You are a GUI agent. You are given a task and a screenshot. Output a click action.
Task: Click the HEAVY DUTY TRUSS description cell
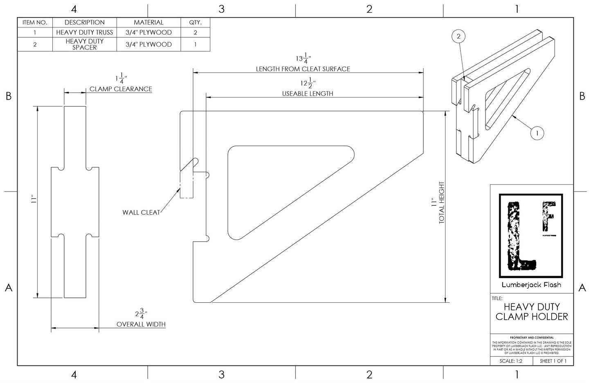tap(85, 32)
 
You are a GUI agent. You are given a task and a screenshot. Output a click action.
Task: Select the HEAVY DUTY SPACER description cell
tap(85, 44)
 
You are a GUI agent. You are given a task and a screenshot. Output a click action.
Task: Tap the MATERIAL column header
tap(148, 23)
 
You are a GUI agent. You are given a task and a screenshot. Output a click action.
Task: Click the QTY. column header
tap(195, 23)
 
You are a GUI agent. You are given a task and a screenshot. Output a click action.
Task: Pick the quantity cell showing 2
tap(195, 32)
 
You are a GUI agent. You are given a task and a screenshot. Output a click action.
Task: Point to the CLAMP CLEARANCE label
tap(121, 89)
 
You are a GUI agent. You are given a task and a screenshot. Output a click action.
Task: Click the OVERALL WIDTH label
tap(141, 324)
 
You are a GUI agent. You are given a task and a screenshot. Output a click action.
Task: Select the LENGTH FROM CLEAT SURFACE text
tap(303, 69)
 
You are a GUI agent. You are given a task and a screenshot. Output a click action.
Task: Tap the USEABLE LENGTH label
tap(308, 94)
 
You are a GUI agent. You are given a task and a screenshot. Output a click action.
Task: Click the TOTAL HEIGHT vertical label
tap(442, 203)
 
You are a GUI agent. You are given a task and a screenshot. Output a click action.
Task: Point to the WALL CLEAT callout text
tap(141, 213)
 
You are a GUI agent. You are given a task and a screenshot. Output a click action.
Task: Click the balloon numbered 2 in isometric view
tap(458, 36)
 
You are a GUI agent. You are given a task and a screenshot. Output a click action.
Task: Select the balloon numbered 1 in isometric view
tap(537, 133)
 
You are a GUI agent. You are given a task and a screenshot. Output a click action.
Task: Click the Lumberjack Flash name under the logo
tap(531, 285)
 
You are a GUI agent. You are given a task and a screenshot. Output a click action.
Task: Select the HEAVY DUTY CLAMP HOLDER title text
tap(532, 312)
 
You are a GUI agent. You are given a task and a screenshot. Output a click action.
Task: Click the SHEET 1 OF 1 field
tap(553, 361)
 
